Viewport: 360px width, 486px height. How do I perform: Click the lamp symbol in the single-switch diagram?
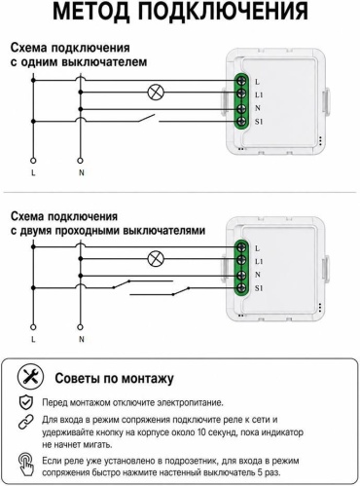point(156,93)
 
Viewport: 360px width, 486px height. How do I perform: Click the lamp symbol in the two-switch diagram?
point(156,259)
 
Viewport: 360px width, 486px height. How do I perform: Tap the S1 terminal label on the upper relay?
point(259,122)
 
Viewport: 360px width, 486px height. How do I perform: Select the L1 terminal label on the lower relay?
point(259,261)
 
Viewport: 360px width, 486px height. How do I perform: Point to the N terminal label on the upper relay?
point(258,108)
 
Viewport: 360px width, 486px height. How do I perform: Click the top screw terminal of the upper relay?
point(241,80)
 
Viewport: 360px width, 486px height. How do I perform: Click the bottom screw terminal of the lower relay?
point(241,287)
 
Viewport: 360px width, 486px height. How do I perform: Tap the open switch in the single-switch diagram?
point(146,118)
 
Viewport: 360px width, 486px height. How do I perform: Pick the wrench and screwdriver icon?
point(30,377)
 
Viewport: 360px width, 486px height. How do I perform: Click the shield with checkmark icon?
point(26,402)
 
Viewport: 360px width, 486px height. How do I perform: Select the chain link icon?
point(26,422)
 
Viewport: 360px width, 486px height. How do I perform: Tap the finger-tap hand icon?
point(26,465)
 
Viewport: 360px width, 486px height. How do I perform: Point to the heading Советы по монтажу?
point(114,378)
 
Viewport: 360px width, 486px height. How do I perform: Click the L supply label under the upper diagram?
point(33,172)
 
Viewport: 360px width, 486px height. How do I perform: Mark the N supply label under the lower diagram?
point(81,339)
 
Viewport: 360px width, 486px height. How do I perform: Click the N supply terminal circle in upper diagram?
point(80,161)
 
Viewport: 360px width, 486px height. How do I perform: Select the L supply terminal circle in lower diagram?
point(33,327)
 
